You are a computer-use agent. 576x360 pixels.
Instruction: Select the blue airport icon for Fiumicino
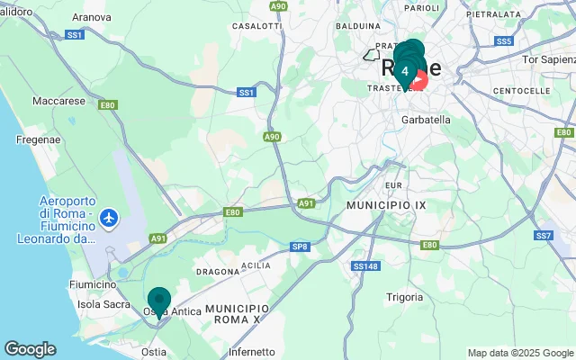(x=109, y=217)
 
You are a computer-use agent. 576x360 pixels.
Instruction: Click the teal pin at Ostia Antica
(x=159, y=301)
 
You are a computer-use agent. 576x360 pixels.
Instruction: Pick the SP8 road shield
(x=300, y=246)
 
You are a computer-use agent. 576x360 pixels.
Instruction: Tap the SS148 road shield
(x=365, y=266)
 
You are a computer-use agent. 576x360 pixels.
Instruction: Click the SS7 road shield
(x=543, y=236)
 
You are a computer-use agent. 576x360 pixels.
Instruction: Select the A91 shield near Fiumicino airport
(x=158, y=238)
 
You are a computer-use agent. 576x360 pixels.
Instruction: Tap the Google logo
(x=30, y=349)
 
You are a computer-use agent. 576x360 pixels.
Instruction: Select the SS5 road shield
(x=504, y=41)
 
